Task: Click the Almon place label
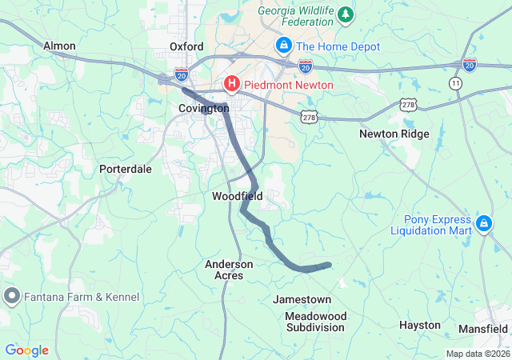pos(59,46)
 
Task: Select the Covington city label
pos(203,108)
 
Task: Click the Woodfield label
pos(238,196)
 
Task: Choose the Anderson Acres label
pos(229,270)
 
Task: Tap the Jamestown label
pos(302,299)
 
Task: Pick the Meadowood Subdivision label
pos(316,322)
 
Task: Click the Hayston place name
pos(420,325)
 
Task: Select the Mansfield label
pos(483,329)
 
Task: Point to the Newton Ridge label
pos(394,134)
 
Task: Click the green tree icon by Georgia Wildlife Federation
pos(346,14)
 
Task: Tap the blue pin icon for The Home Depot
pos(283,46)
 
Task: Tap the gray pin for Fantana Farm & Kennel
pos(12,297)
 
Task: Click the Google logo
pos(26,350)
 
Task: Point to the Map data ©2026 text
pos(477,354)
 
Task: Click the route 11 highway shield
pos(456,83)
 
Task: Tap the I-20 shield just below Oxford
pos(181,73)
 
